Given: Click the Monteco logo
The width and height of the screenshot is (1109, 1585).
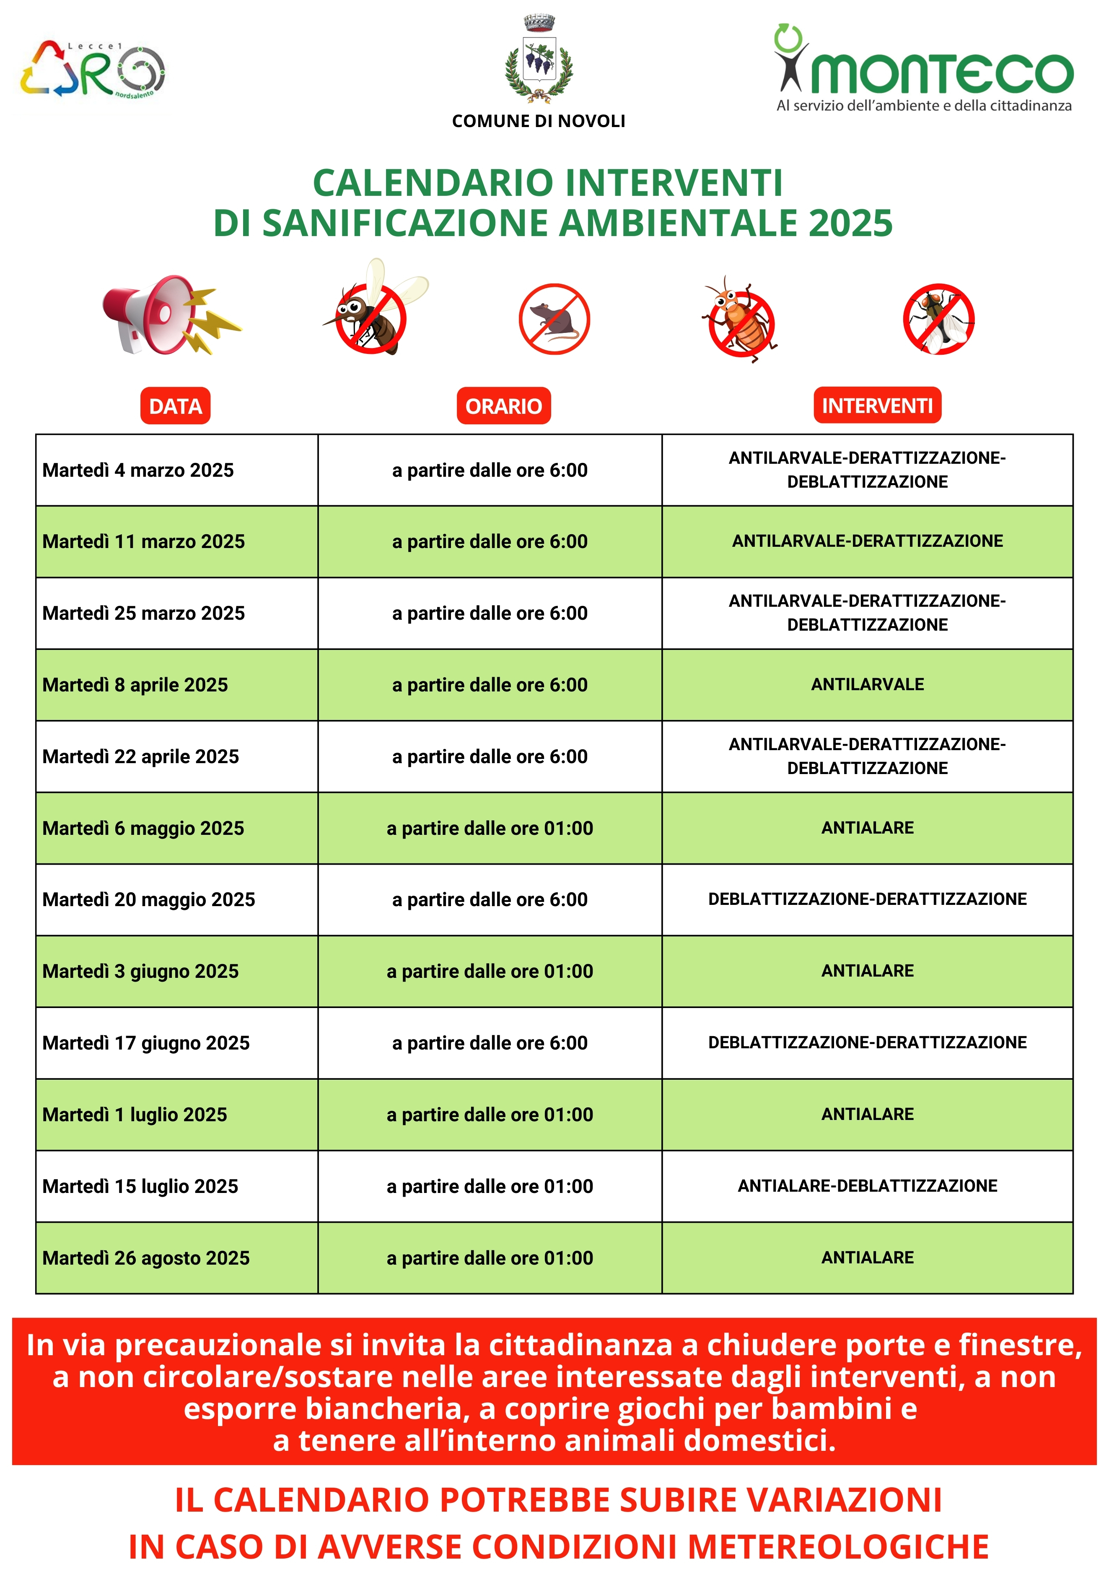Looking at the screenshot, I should click(923, 69).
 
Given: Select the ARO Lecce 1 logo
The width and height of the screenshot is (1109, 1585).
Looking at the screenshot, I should click(93, 69).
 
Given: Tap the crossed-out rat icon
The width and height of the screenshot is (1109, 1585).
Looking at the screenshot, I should click(554, 319).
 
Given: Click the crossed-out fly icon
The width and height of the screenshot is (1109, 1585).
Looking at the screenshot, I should click(938, 319).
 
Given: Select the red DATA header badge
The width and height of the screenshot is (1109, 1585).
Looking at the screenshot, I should click(175, 406).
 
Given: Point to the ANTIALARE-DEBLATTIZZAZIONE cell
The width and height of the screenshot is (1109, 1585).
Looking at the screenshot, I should click(868, 1186).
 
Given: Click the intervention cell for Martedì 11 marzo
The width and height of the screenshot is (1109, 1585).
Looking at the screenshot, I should click(868, 541).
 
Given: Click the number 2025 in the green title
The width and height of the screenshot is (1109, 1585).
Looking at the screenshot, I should click(850, 223).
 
